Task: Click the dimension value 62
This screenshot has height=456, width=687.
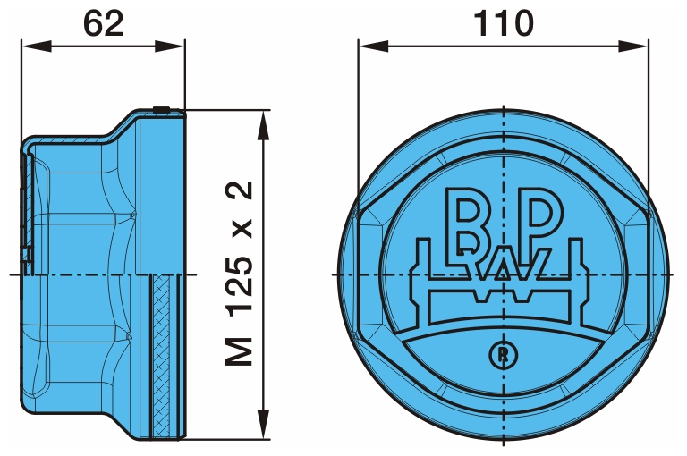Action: (103, 23)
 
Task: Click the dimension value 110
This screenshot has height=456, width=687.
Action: (504, 23)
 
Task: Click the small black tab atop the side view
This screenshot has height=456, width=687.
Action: (161, 109)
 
